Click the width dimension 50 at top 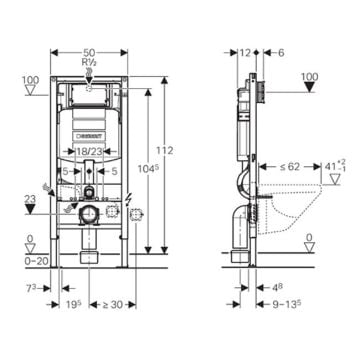[90, 49]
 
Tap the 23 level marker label [30, 200]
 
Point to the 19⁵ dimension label [72, 305]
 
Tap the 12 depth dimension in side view [246, 51]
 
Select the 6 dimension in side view [280, 51]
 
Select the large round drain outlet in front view [88, 214]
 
